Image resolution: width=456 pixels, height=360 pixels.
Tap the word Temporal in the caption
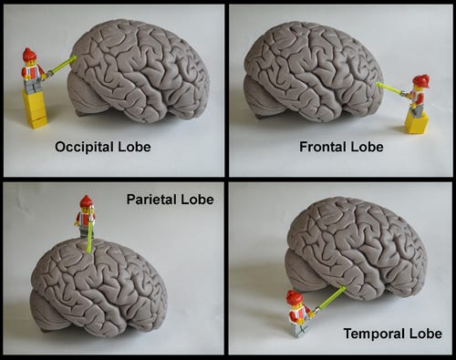pos(375,334)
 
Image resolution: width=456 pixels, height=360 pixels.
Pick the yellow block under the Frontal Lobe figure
pos(416,122)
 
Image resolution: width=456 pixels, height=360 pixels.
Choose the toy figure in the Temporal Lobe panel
pos(297,314)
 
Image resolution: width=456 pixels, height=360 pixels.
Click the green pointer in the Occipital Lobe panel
pos(61,65)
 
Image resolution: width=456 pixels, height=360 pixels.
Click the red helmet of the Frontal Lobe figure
pos(420,81)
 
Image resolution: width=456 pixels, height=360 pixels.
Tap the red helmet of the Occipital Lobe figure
pos(29,54)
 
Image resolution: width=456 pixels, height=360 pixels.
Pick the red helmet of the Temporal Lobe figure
pos(293,296)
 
